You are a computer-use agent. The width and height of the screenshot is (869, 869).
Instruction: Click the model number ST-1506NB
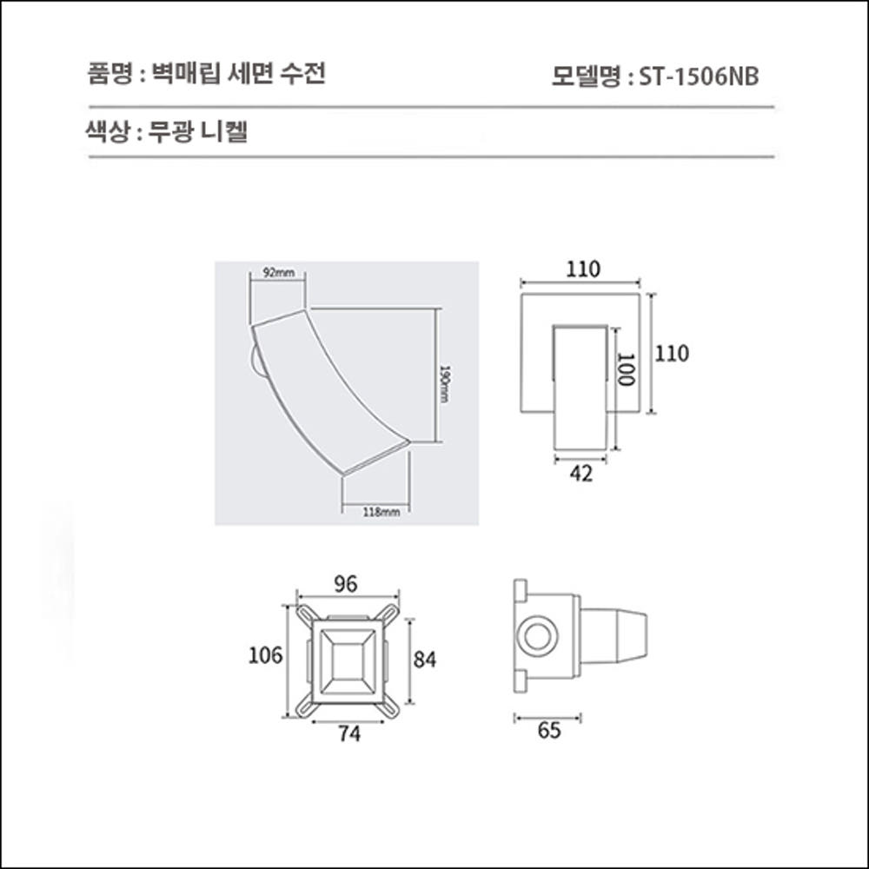[x=700, y=77]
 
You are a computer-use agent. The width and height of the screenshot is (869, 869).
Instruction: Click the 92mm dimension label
[x=279, y=273]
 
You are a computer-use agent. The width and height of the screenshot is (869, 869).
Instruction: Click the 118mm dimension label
[x=381, y=512]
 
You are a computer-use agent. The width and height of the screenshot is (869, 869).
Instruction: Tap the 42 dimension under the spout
[x=581, y=474]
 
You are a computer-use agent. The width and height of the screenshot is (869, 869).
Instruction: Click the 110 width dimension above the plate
[x=582, y=269]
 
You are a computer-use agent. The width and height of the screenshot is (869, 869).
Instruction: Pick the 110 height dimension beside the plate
[x=672, y=354]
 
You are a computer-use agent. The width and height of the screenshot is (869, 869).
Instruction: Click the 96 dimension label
[x=346, y=585]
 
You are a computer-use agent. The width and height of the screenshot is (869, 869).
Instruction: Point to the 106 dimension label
[x=266, y=655]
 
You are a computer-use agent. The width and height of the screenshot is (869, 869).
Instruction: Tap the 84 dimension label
[x=424, y=660]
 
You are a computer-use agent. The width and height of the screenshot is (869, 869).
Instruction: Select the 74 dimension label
[x=349, y=734]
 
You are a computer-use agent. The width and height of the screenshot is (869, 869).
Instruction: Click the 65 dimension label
[x=549, y=731]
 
